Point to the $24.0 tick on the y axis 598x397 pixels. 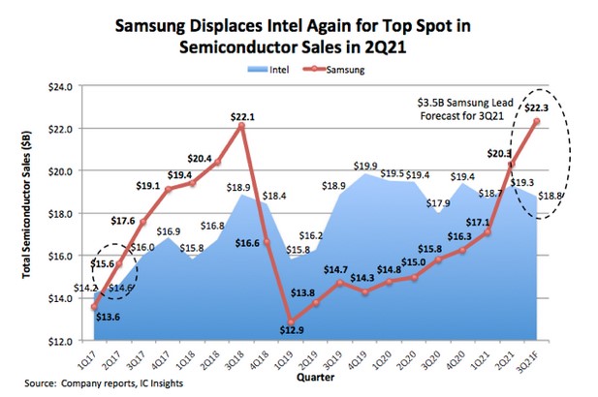pos(60,86)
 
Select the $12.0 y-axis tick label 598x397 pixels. pos(60,341)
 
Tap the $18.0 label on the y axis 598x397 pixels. pos(60,213)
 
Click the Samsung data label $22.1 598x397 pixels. pos(242,117)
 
